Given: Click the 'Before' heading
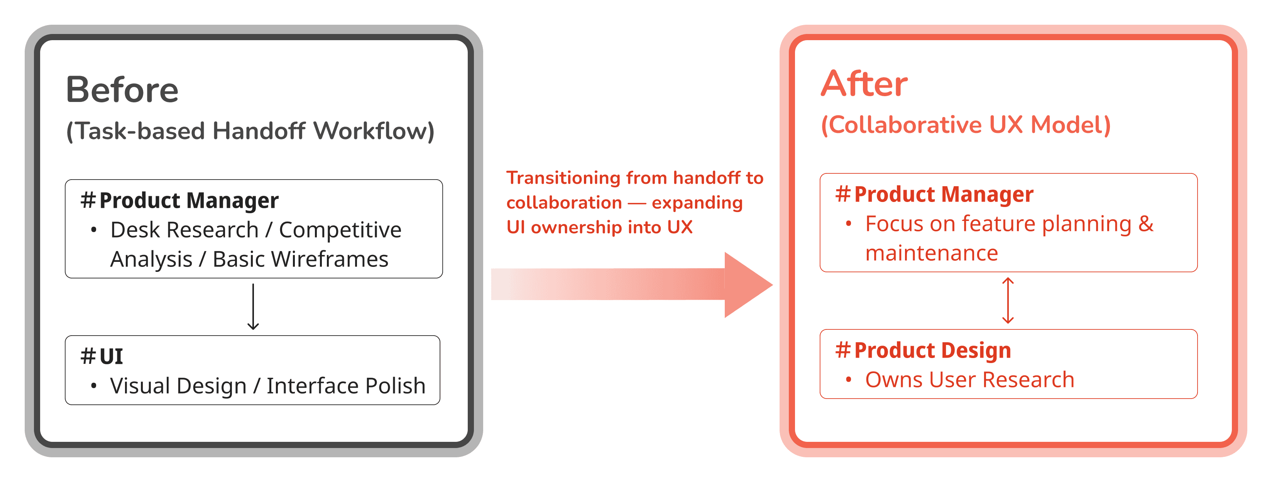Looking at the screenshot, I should (122, 90).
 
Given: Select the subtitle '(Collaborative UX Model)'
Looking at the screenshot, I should (965, 125).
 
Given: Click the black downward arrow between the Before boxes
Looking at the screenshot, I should (253, 307).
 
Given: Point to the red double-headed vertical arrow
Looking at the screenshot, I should (1008, 300).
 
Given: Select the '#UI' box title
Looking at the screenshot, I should (102, 356).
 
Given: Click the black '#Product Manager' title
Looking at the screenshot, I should (180, 200).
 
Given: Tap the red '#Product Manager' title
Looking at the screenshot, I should (934, 194).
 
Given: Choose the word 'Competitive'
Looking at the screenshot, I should (340, 230).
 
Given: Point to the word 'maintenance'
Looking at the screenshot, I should (931, 253).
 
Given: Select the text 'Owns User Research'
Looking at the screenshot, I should (969, 380).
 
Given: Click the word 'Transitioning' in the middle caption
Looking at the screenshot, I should (563, 178).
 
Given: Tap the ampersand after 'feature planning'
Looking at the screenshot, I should (1145, 224).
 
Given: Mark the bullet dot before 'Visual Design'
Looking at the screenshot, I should (94, 385).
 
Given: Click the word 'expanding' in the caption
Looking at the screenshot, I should (697, 203).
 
